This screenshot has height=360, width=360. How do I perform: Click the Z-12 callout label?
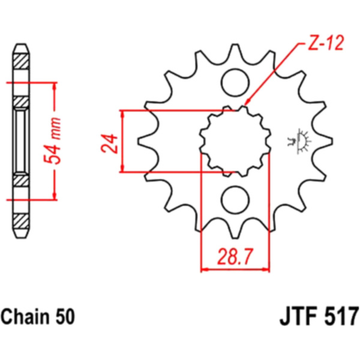[326, 43]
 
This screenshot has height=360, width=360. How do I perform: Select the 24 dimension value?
[109, 143]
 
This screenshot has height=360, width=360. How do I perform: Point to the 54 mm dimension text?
[52, 141]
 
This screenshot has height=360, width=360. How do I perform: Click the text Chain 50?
[38, 316]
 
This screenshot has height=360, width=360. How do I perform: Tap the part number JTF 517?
[319, 316]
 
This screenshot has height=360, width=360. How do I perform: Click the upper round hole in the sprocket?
[235, 82]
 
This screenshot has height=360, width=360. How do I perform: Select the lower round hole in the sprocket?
[235, 200]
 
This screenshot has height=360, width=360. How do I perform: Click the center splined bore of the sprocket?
[235, 141]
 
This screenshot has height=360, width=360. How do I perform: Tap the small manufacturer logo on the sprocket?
[299, 141]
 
